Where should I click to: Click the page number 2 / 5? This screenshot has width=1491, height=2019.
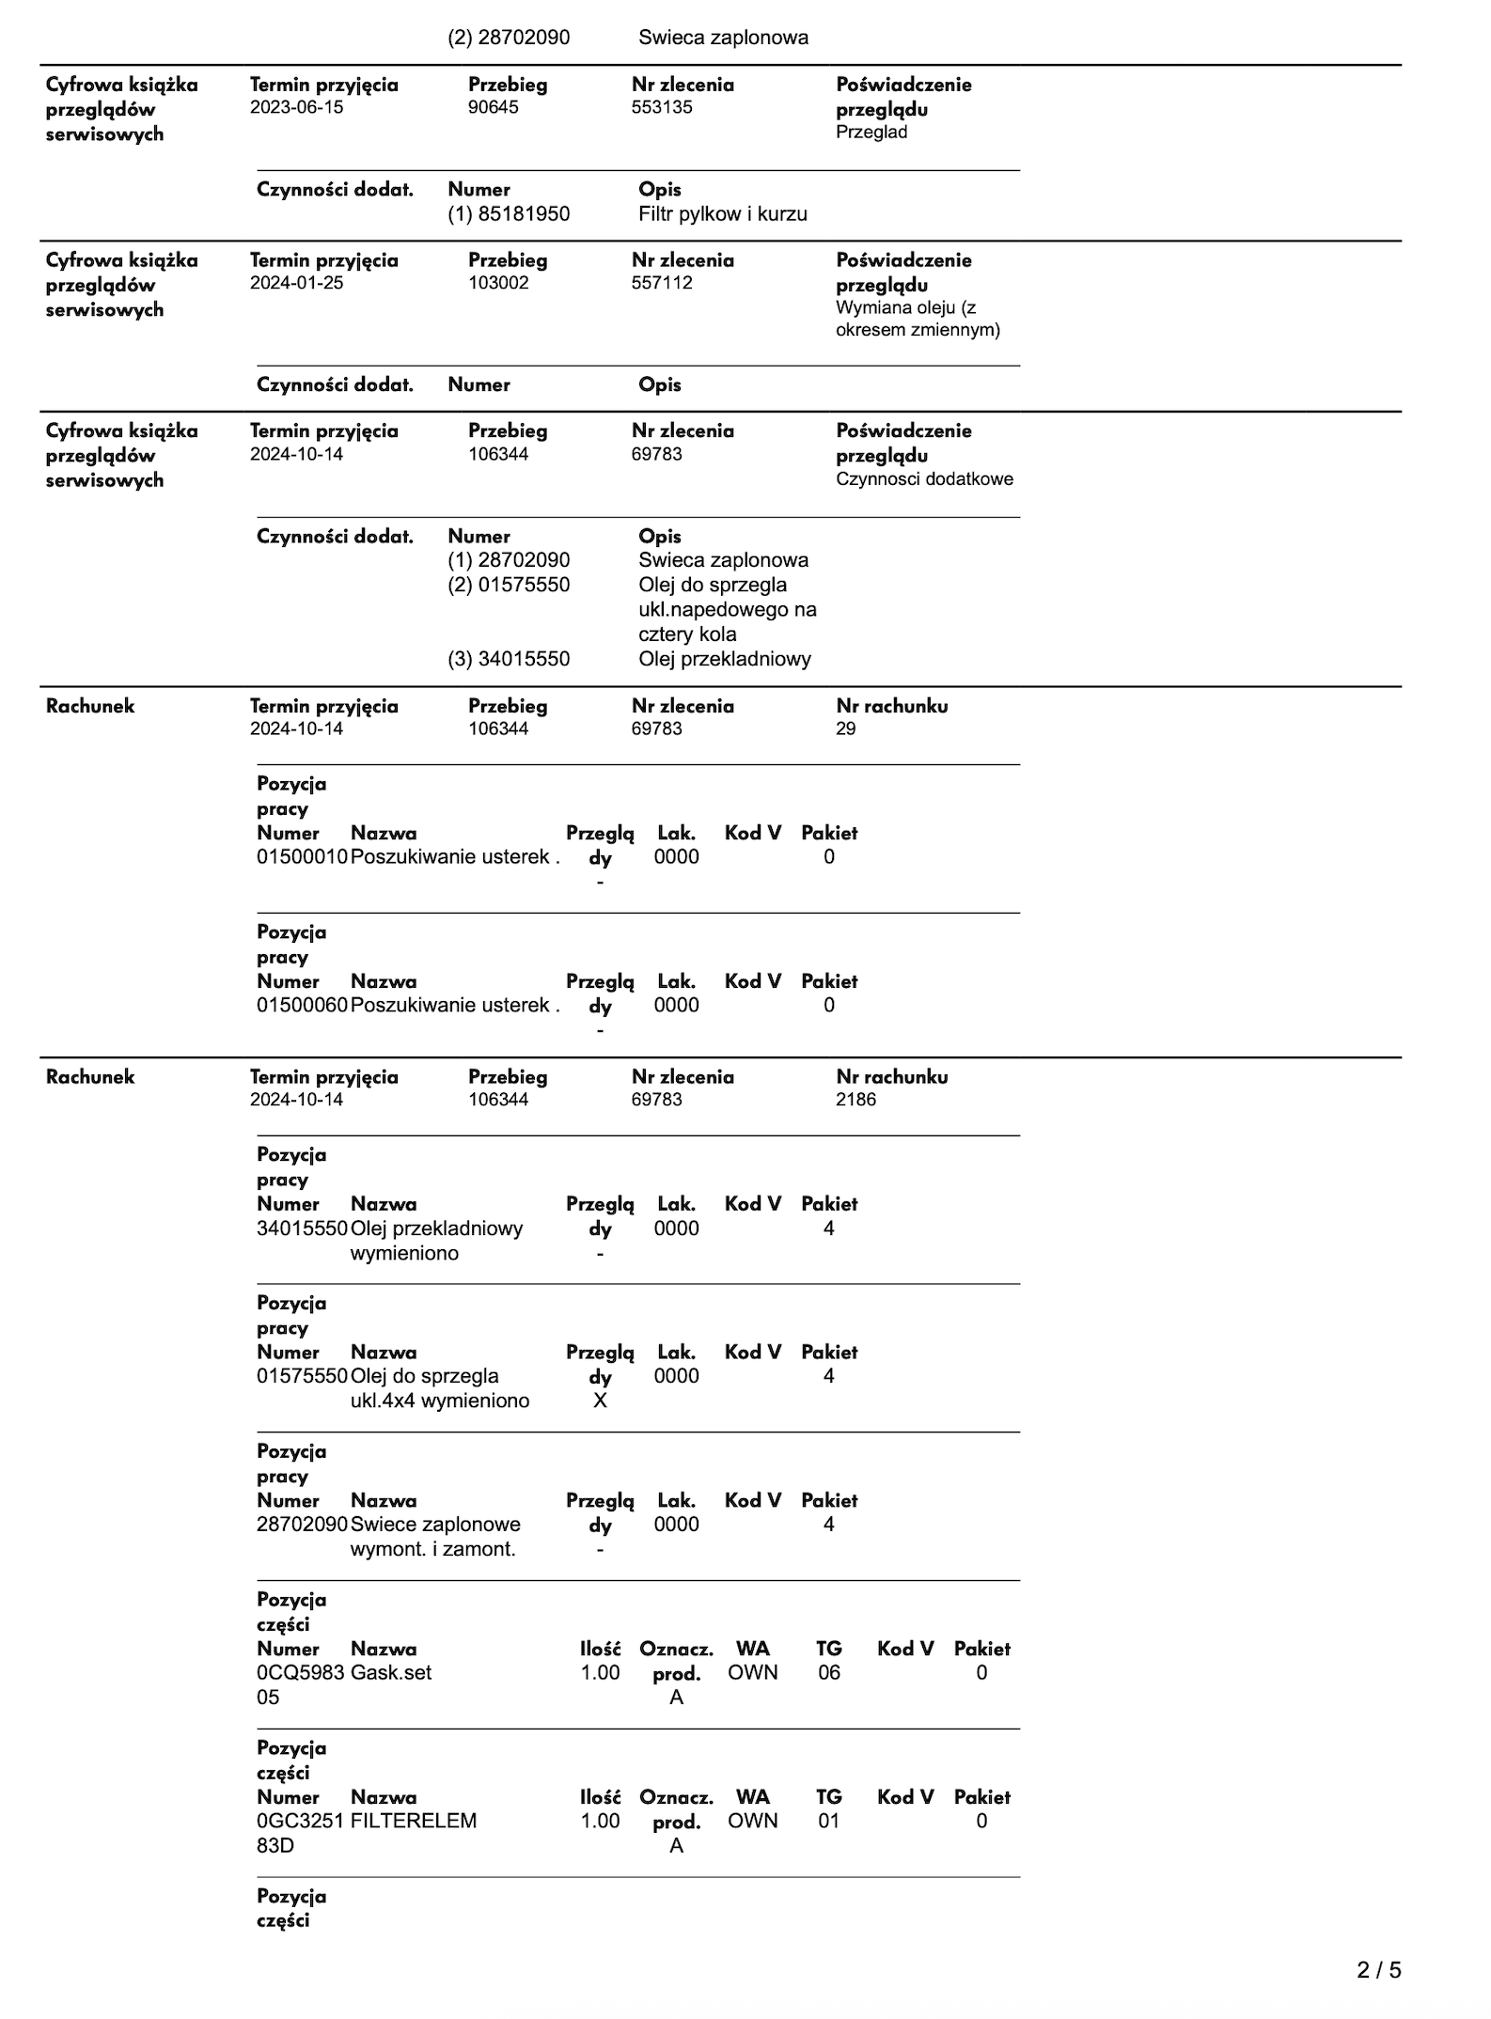(x=1378, y=1969)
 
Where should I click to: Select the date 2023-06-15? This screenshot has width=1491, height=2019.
(x=296, y=107)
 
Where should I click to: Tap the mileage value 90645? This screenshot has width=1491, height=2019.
(x=494, y=107)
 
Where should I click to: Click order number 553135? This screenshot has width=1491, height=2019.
(x=662, y=107)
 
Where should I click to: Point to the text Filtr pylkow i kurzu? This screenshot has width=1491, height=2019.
(x=722, y=214)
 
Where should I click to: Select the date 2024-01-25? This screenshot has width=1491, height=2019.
(x=296, y=283)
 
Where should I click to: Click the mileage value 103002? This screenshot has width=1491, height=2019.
(x=498, y=283)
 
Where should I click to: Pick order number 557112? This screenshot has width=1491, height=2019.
(x=662, y=283)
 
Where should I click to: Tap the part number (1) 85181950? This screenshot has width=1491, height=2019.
(x=509, y=214)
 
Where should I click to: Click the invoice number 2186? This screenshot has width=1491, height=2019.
(x=855, y=1100)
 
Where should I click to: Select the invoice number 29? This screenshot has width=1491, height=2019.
(x=845, y=728)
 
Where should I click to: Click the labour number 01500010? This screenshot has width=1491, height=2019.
(x=302, y=857)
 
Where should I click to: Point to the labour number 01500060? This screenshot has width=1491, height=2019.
(x=302, y=1006)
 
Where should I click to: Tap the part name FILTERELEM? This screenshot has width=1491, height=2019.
(x=414, y=1821)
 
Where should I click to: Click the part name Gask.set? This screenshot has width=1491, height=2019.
(x=391, y=1672)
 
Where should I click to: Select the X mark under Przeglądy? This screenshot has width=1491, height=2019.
(x=600, y=1401)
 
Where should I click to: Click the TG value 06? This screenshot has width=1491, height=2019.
(x=828, y=1672)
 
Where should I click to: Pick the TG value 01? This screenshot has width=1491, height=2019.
(x=828, y=1821)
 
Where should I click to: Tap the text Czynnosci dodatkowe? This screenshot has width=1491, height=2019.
(x=924, y=479)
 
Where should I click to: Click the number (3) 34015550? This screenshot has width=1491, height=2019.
(x=509, y=659)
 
